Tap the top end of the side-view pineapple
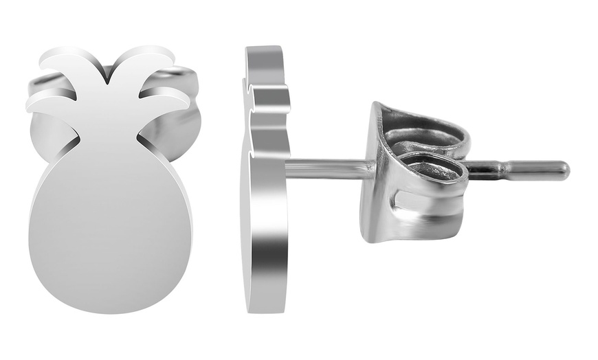point(264,49)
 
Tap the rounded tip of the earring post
point(564,170)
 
